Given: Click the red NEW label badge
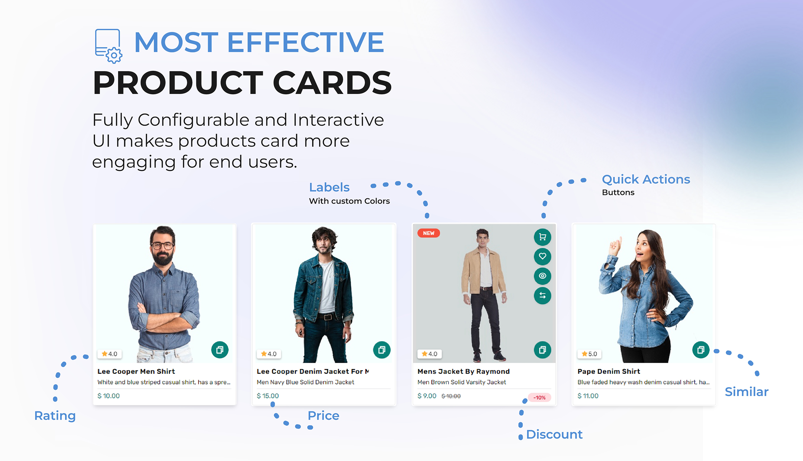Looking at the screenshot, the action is tap(428, 233).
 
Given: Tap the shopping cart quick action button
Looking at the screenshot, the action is tap(542, 237).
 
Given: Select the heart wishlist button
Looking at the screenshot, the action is tap(542, 256).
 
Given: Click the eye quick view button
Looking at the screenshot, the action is tap(542, 276).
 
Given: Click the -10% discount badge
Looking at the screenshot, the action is tap(539, 398).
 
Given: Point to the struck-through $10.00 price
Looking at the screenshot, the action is tap(451, 396).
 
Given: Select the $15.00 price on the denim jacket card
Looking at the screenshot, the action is tap(268, 396).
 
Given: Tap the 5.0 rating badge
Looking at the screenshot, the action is tap(589, 354).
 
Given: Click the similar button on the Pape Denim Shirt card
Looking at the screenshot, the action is tap(701, 350).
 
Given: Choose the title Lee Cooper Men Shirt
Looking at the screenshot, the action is tap(136, 372).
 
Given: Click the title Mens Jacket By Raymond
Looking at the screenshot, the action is tap(463, 372).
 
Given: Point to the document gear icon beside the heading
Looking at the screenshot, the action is tap(109, 46).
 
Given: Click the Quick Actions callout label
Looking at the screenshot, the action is tap(646, 179).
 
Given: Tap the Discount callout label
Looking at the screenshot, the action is tap(554, 434).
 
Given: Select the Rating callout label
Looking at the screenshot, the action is tap(55, 416).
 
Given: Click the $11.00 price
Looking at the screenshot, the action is tap(588, 396).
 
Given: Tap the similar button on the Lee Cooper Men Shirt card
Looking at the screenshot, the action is tap(220, 350).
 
